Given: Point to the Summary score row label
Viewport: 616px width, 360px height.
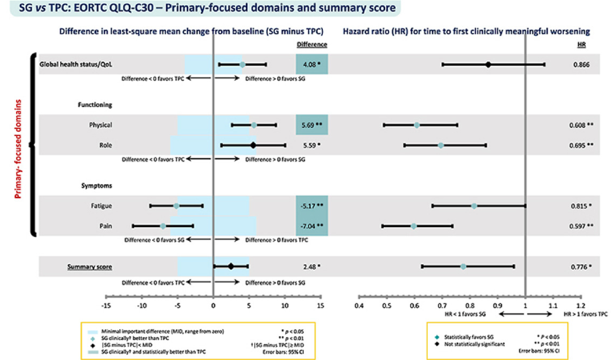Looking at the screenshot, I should click(x=90, y=266).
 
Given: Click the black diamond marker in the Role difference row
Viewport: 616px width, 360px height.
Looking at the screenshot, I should click(x=253, y=145).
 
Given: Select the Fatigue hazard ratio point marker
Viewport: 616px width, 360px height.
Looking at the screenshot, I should click(x=474, y=205).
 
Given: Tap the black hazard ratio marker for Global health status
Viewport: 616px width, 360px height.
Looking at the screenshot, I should click(x=488, y=64).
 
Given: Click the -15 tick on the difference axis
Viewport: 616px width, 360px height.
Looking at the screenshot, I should click(x=106, y=305).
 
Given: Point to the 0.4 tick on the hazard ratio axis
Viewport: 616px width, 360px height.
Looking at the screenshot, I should click(x=359, y=305).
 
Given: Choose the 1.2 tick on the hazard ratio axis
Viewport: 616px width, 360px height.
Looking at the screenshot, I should click(x=581, y=305).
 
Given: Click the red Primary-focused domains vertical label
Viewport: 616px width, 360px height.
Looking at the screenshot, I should click(x=19, y=149).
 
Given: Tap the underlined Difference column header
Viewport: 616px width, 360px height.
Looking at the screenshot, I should click(x=312, y=44).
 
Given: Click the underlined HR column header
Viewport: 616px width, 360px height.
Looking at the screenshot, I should click(x=582, y=44).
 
